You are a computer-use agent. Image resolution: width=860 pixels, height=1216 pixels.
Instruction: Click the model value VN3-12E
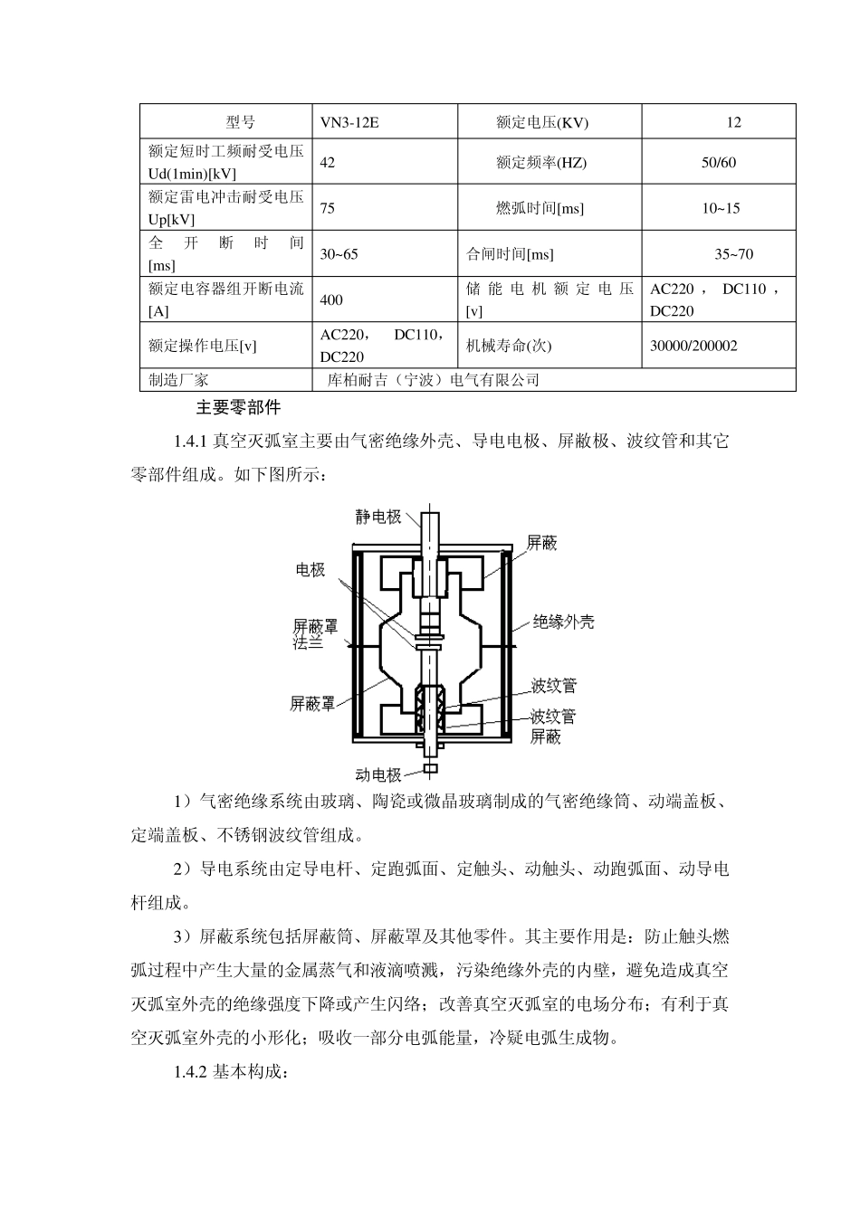point(349,122)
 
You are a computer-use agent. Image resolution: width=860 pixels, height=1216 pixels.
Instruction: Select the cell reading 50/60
point(719,163)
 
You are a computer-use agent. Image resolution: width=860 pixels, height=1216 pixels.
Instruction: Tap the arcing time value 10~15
point(720,208)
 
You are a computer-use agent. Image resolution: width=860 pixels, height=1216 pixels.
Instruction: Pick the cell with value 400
point(331,299)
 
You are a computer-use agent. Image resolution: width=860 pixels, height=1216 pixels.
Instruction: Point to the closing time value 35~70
point(733,254)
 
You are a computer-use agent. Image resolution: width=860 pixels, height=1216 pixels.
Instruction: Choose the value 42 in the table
point(328,163)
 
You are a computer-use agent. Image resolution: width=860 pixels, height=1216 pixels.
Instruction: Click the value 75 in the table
point(328,208)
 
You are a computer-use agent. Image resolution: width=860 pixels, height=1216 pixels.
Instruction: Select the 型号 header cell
point(240,122)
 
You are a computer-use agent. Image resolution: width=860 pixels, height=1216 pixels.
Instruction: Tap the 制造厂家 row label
point(178,380)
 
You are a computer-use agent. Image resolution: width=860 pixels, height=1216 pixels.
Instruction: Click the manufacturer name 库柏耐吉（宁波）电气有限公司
point(433,380)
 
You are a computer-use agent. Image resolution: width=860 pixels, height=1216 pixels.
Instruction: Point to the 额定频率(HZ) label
point(541,163)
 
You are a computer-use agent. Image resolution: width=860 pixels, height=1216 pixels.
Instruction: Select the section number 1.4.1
point(191,442)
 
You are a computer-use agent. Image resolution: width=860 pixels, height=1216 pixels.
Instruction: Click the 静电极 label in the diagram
point(378,518)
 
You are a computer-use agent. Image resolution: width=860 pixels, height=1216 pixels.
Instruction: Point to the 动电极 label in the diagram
point(378,774)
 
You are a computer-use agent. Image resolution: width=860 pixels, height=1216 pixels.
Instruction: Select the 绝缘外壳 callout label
point(563,622)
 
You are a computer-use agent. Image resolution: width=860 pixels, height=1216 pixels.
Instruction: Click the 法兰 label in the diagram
point(309,643)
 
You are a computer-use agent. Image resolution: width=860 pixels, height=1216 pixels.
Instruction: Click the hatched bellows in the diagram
point(430,710)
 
